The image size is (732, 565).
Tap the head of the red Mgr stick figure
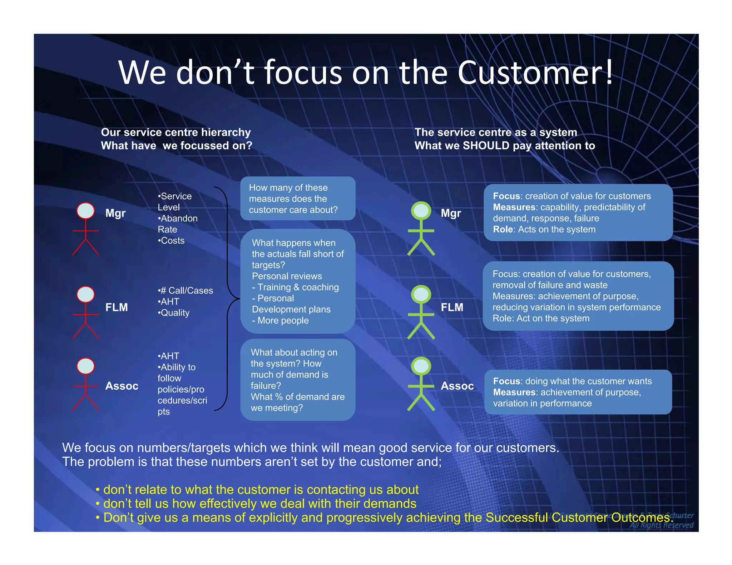tap(85, 211)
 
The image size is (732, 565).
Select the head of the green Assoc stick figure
tap(421, 366)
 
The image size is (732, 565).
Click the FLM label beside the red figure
tap(116, 307)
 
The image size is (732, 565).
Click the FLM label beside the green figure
tap(452, 307)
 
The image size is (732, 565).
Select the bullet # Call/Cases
tap(186, 290)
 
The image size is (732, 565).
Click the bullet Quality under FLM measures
tap(174, 313)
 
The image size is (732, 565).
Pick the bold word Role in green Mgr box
tap(503, 229)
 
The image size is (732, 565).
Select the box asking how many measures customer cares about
tap(297, 199)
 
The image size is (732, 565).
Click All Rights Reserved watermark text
tap(661, 525)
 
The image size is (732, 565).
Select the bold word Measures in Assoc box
tap(514, 392)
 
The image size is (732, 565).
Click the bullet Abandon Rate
tap(178, 224)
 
